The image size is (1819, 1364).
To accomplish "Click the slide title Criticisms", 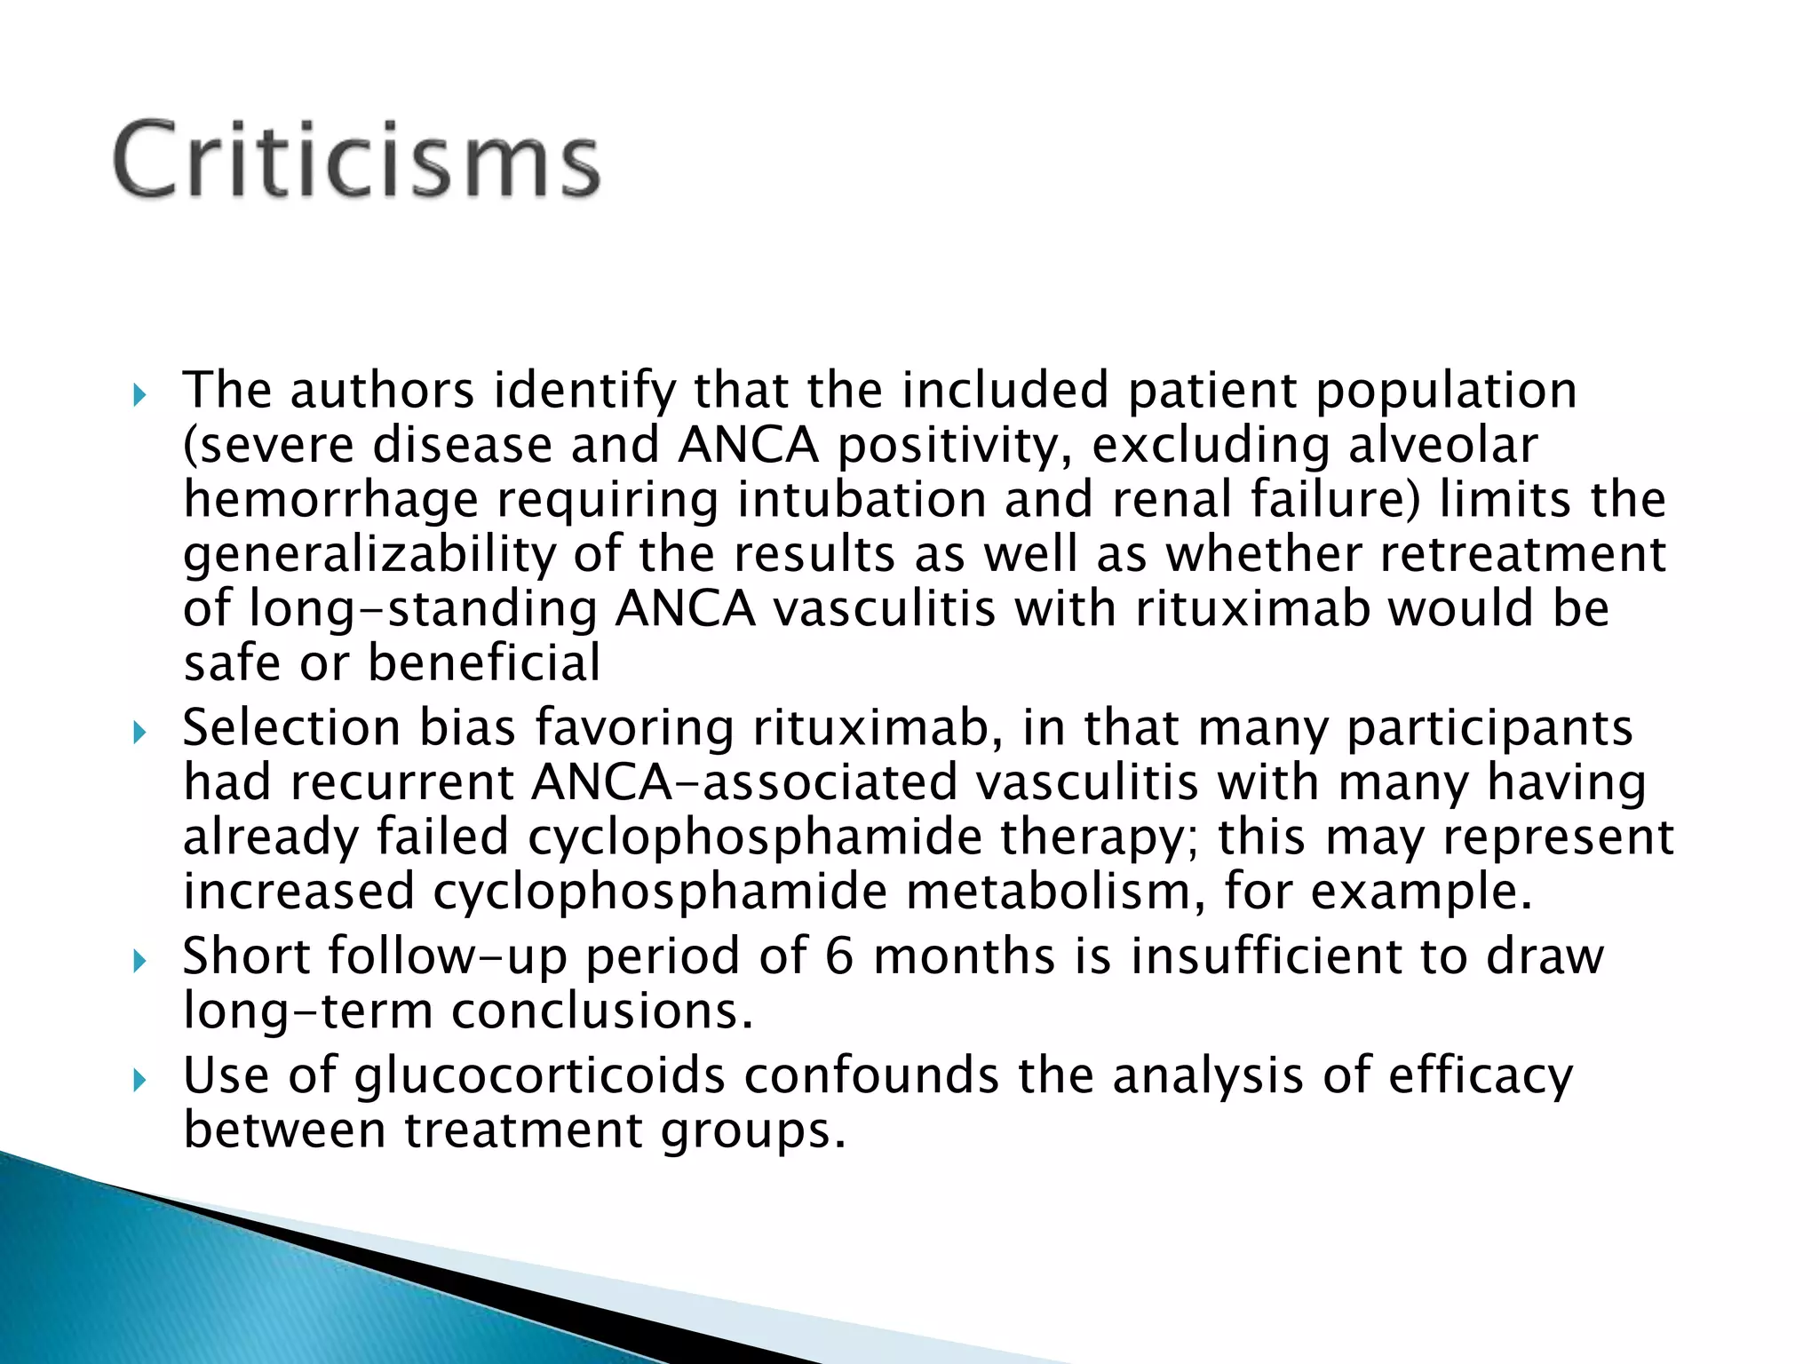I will pos(356,160).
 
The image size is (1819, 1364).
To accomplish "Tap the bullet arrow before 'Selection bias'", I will pos(138,732).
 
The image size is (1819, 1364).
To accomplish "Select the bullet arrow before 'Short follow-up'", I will pos(138,960).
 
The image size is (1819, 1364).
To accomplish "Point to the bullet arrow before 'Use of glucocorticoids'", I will pos(138,1080).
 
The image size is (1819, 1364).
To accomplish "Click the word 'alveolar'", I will pos(1442,445).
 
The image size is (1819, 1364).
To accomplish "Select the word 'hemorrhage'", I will pos(330,500).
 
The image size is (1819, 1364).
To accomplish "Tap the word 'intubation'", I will pos(862,500).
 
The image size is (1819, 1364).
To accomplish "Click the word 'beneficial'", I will pos(484,663).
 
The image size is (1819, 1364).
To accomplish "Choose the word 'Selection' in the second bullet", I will pos(291,728).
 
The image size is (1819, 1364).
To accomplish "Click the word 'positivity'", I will pos(956,445).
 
